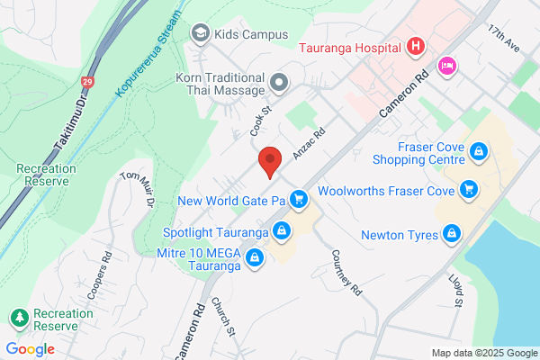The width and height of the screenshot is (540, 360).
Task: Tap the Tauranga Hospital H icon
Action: (415, 46)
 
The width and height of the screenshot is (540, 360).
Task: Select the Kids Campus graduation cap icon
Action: (200, 33)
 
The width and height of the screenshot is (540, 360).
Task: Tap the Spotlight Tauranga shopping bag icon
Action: (283, 231)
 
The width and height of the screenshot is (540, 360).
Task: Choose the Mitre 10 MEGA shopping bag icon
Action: (255, 259)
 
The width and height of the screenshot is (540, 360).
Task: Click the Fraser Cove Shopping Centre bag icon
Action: (480, 151)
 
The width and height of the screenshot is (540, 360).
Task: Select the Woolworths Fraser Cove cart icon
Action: (468, 189)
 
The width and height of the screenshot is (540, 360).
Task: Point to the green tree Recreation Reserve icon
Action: (19, 318)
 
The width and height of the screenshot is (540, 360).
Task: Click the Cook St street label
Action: (261, 123)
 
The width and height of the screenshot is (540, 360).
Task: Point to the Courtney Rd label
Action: (346, 272)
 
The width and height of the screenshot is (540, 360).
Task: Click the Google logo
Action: (31, 349)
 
